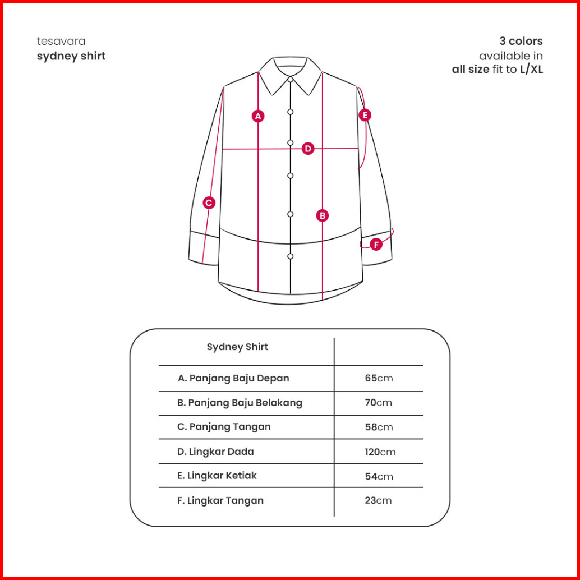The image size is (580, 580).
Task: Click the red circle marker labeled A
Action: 258,116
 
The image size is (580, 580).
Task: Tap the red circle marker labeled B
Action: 322,215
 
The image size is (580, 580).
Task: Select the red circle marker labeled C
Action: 209,202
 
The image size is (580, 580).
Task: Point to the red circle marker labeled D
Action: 308,149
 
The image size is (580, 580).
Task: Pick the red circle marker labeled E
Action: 365,115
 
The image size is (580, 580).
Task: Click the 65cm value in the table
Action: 379,378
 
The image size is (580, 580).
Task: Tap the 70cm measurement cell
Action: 379,402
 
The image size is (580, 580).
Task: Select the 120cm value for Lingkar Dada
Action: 380,452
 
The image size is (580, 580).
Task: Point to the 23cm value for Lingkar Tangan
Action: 378,500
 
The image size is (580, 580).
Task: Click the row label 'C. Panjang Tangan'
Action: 224,426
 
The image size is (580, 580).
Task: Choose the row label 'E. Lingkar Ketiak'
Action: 217,476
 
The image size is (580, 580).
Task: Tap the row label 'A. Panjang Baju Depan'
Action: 233,378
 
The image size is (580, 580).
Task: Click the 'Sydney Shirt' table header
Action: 237,347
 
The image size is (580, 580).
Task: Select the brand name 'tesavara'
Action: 61,41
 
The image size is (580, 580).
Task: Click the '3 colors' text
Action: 521,41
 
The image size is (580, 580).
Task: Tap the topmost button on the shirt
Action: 291,80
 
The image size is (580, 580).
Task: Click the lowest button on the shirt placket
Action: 291,256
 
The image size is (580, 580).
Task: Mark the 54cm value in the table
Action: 379,476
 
